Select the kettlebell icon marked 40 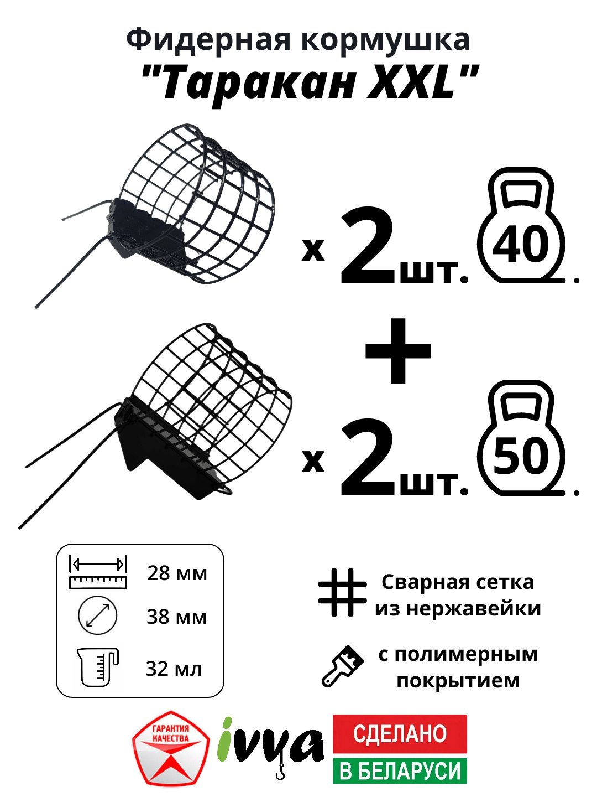[521, 227]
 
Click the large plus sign [398, 351]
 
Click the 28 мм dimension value [177, 573]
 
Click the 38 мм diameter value [177, 617]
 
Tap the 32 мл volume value [174, 669]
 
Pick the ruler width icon [98, 572]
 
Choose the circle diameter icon [98, 615]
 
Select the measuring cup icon [98, 667]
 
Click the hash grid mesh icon [342, 592]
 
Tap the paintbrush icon [343, 666]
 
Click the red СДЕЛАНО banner [400, 734]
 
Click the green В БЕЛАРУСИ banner [400, 770]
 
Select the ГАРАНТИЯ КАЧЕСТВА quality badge [171, 748]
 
